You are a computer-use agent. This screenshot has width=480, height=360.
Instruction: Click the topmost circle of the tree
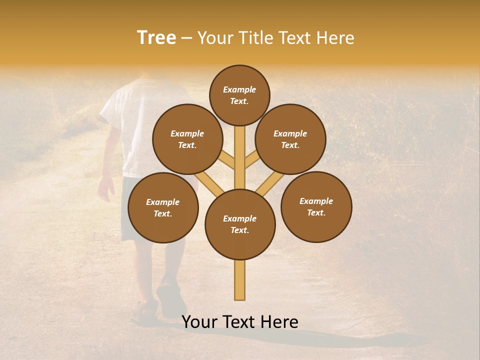(239, 95)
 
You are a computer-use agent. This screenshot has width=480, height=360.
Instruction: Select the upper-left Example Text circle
(187, 139)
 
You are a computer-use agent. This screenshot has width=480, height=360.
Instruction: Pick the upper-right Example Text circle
(290, 139)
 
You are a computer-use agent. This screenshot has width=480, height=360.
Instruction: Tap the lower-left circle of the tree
(163, 207)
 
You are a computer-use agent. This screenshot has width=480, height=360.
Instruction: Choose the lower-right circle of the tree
(316, 206)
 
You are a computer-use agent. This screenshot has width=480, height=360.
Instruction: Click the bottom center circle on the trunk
(240, 224)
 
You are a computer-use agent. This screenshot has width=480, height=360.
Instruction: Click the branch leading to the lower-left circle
(210, 183)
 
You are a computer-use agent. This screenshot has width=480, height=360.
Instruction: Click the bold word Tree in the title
(156, 38)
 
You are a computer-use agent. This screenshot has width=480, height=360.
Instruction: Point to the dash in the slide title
(187, 38)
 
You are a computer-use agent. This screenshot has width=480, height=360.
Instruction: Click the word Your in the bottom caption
(200, 322)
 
